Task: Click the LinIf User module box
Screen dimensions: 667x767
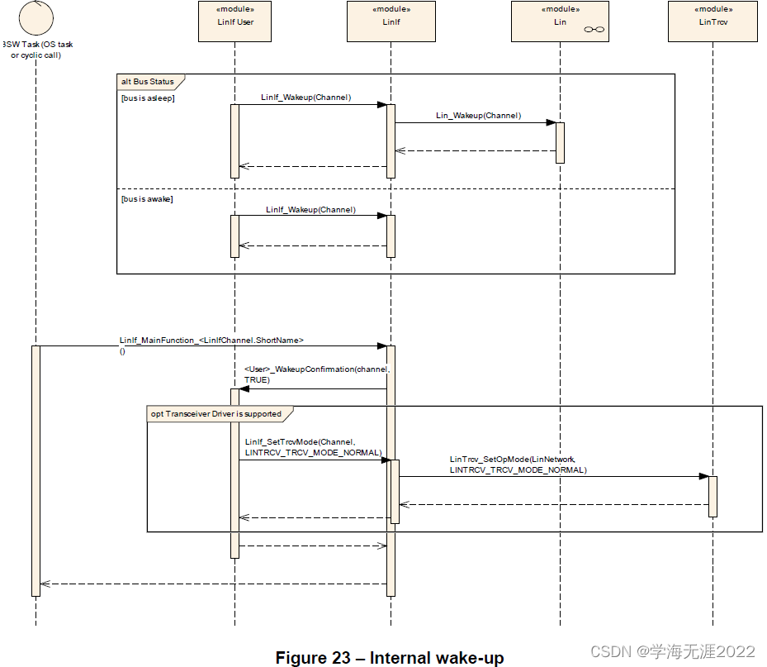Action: point(234,21)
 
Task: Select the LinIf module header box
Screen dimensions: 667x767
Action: point(391,21)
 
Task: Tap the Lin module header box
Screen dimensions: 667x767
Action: point(560,21)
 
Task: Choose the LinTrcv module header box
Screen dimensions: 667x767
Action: point(713,21)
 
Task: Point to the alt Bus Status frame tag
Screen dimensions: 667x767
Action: point(149,82)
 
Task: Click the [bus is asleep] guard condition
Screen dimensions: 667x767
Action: point(148,98)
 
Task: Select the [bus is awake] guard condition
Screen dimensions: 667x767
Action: point(147,199)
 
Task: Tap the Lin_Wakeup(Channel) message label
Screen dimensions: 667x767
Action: point(478,116)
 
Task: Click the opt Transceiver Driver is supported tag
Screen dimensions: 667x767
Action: point(215,413)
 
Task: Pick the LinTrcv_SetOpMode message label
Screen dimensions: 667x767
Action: point(518,464)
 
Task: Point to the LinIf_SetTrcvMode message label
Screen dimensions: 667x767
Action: point(313,447)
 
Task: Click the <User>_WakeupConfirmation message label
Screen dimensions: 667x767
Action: point(315,374)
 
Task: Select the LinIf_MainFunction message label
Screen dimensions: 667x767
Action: point(211,340)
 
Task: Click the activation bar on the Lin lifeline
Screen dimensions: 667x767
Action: point(560,142)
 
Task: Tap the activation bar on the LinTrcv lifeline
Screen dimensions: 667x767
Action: point(713,496)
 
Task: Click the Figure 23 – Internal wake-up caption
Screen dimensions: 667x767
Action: point(389,658)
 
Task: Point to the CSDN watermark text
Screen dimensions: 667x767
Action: point(673,652)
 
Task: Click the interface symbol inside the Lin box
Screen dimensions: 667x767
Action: point(594,30)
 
